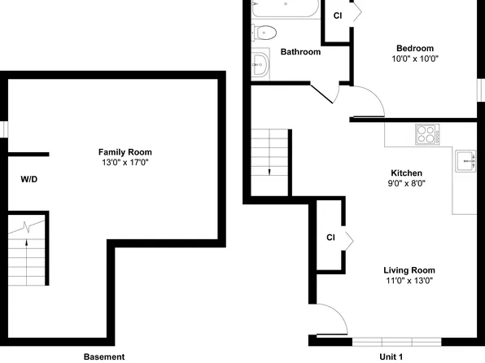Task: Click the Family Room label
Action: click(x=125, y=152)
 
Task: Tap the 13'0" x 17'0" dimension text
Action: click(x=125, y=163)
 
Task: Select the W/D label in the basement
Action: click(x=28, y=178)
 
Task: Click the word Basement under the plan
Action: click(x=104, y=356)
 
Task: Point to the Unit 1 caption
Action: click(x=391, y=356)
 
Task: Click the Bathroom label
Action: click(x=300, y=52)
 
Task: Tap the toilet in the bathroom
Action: click(x=265, y=33)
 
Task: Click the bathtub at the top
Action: click(x=282, y=9)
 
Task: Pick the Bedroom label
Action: click(x=415, y=48)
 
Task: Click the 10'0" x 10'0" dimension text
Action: click(x=415, y=59)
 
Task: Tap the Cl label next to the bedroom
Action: click(x=337, y=15)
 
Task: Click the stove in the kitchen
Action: click(x=427, y=133)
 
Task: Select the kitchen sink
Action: click(x=466, y=161)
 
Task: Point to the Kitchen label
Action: click(x=406, y=173)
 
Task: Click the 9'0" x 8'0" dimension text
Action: click(x=406, y=184)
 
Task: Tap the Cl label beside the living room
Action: click(x=330, y=238)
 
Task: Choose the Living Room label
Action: click(x=409, y=270)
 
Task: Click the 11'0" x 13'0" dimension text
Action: click(x=409, y=281)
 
